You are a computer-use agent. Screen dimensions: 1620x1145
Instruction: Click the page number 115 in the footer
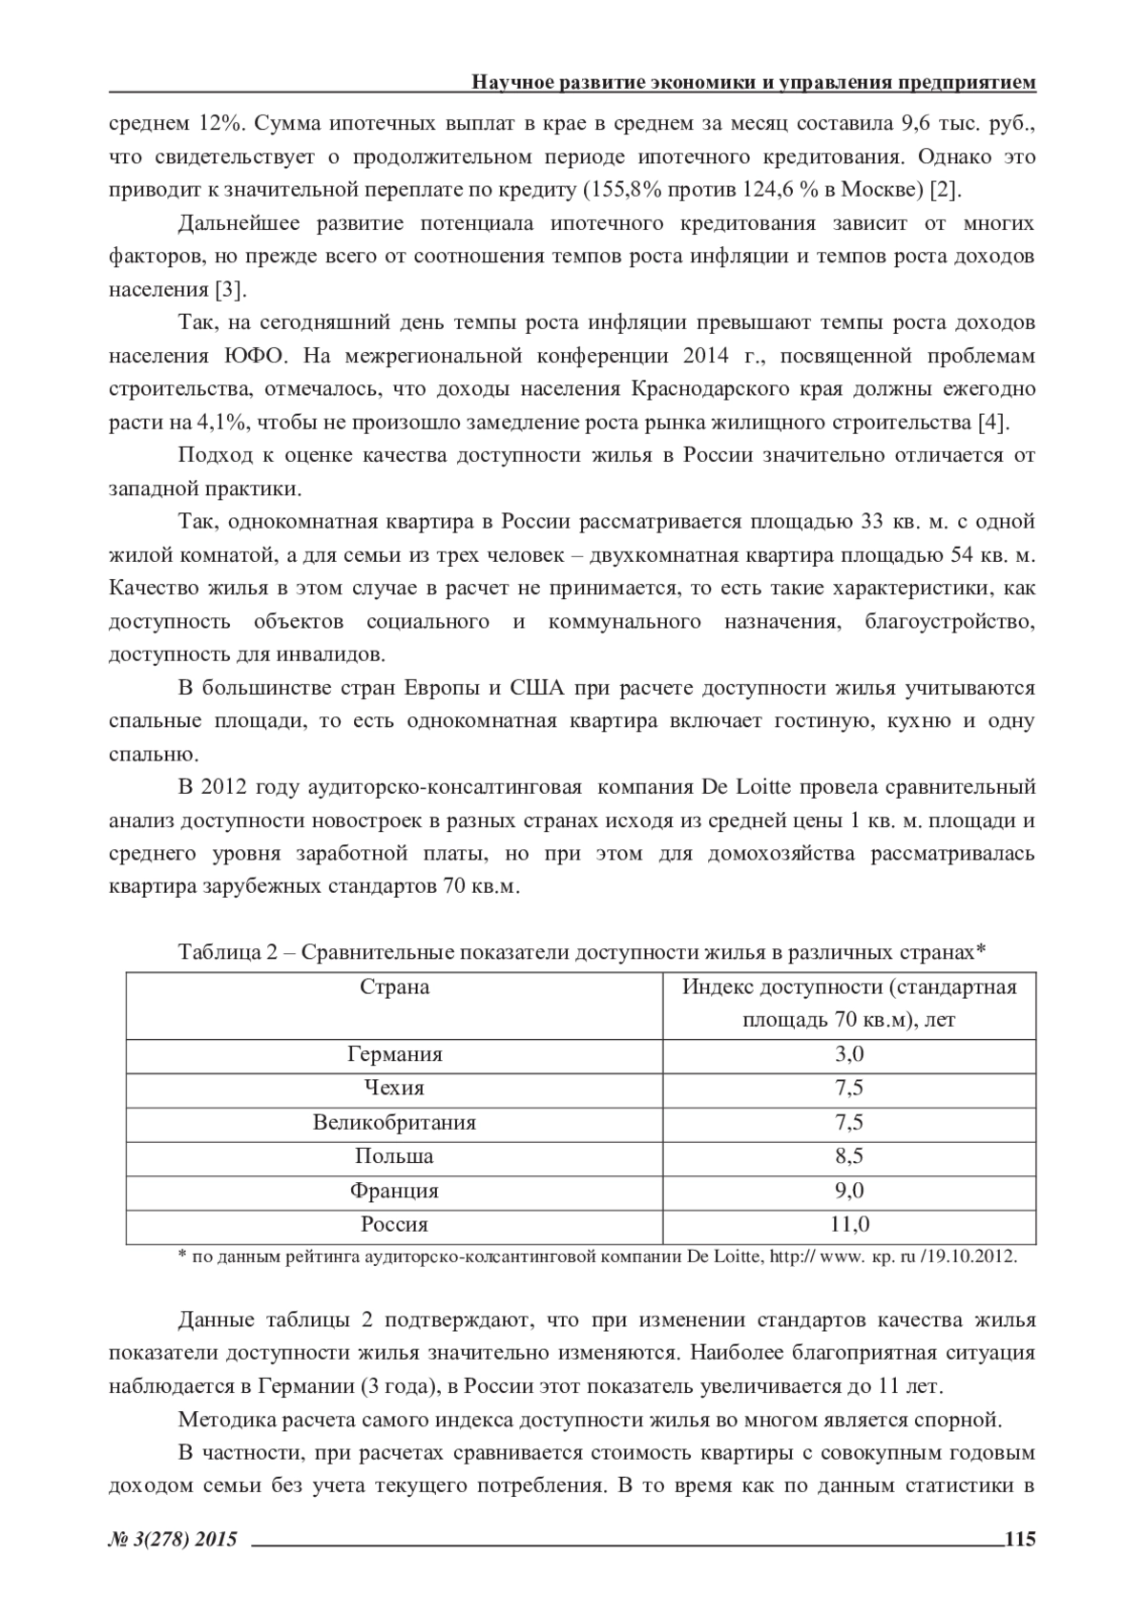pos(1019,1538)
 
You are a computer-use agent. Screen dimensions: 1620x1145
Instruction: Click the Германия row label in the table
pos(394,1054)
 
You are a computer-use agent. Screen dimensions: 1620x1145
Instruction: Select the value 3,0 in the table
pos(849,1054)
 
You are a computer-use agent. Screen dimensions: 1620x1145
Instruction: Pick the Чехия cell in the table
pos(394,1088)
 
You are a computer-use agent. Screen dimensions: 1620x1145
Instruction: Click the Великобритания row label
pos(394,1122)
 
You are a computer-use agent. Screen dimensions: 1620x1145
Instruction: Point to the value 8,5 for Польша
pos(849,1156)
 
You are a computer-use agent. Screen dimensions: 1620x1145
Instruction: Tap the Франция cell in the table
pos(394,1191)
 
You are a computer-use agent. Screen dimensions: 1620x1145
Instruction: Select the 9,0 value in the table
pos(849,1191)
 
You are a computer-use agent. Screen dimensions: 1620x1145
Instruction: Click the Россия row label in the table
pos(394,1224)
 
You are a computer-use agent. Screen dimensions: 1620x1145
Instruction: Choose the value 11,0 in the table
pos(849,1224)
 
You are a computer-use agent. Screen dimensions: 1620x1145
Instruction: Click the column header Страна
pos(394,987)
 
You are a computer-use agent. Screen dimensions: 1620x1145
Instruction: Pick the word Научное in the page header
pos(516,83)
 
